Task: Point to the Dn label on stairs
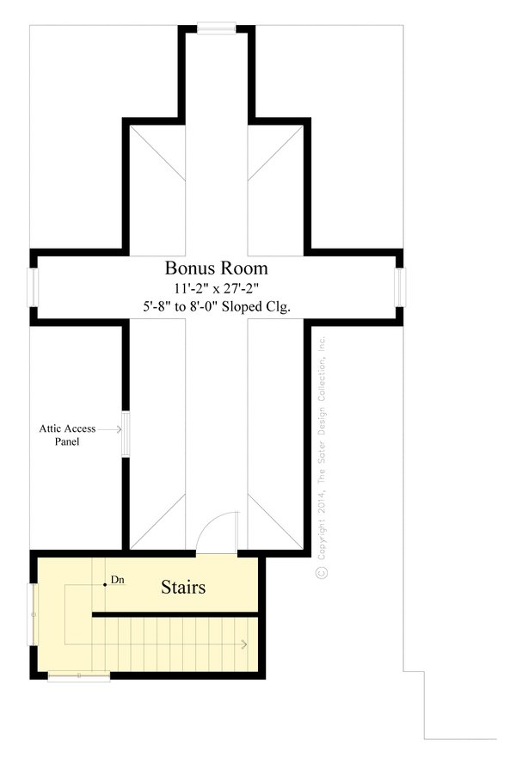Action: coord(118,581)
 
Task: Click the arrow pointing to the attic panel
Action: coord(111,428)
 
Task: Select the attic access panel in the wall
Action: coord(126,434)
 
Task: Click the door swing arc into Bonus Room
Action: coord(218,525)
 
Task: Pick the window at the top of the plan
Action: coord(216,28)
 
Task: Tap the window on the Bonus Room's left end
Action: coord(33,287)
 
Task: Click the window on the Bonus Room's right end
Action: coord(400,287)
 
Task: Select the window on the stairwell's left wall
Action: coord(34,614)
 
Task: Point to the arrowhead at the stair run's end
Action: coord(246,644)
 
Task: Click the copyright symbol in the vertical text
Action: coord(322,571)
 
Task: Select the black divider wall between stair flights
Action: coord(175,614)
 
